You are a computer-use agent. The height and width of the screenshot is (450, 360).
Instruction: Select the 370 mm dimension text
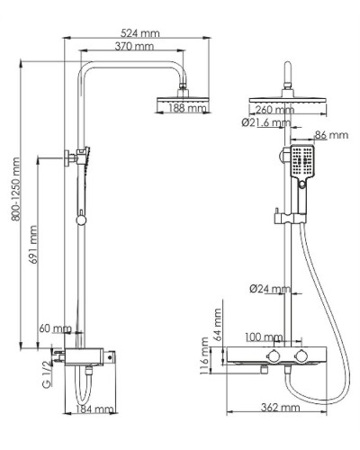point(135,47)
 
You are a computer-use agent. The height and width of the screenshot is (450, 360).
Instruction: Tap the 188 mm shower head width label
point(186,109)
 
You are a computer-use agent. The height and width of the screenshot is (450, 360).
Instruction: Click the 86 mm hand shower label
point(331,135)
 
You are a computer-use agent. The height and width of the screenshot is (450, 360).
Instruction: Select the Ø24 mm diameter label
point(270,289)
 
